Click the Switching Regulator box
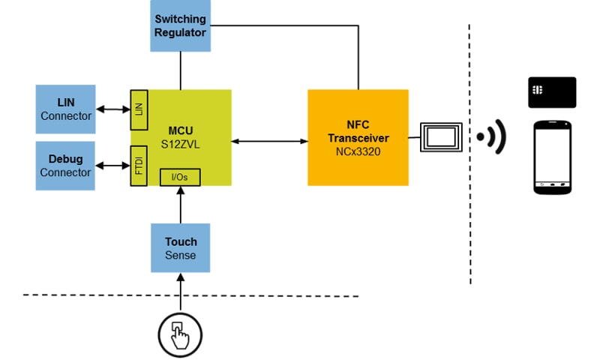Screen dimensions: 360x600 (180, 25)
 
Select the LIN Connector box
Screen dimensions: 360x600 (65, 109)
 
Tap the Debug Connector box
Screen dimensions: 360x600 (65, 166)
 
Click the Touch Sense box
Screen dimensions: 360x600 (180, 248)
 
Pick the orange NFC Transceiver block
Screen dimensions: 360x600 (358, 136)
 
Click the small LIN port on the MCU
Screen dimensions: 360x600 (138, 109)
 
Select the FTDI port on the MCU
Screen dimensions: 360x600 (138, 166)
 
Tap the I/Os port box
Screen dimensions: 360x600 (180, 177)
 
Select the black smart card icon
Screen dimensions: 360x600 (551, 92)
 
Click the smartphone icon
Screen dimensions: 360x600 (551, 157)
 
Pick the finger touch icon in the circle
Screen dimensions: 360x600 (181, 331)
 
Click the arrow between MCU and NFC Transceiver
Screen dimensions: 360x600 (270, 139)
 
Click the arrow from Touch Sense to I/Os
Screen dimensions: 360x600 (180, 205)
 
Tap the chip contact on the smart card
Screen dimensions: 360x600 (537, 89)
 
